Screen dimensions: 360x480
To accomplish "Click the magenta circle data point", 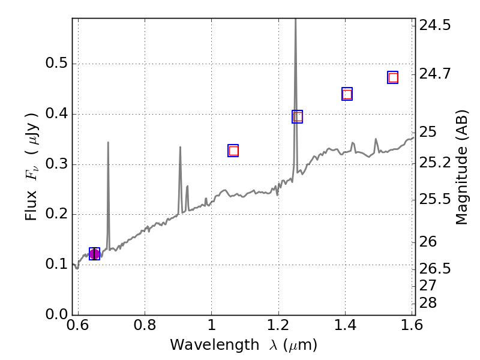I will click(x=94, y=254).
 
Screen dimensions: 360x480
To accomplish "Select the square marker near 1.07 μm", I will click(x=233, y=151).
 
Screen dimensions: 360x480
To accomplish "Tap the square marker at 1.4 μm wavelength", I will click(x=347, y=94).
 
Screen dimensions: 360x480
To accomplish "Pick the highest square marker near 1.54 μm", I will click(x=393, y=77).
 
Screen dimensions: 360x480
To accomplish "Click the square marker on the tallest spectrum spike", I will click(x=298, y=116).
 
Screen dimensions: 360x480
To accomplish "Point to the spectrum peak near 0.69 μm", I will click(x=108, y=143).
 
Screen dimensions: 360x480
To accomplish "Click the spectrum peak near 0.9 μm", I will click(x=180, y=147).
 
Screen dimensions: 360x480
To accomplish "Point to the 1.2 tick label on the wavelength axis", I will click(x=278, y=326).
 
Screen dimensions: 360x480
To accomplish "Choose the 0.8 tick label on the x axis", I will click(x=145, y=326).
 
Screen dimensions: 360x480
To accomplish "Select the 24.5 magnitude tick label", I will click(x=436, y=26).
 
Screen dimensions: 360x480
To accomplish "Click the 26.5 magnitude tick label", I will click(x=436, y=268).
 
